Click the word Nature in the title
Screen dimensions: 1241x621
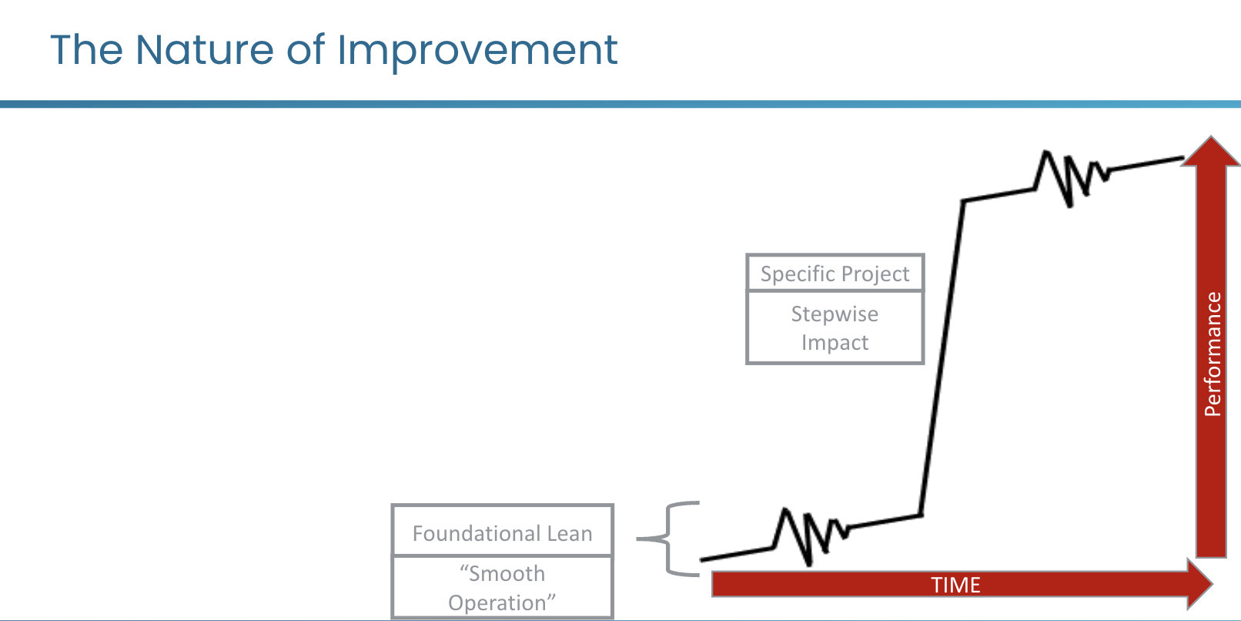pos(205,50)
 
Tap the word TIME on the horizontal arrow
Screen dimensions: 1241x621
pos(955,585)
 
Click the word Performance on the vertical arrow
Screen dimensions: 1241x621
pos(1213,354)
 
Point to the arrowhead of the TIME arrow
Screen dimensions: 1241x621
pos(1200,584)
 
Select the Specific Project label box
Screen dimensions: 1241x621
pos(835,273)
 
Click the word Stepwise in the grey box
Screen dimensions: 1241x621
pos(835,314)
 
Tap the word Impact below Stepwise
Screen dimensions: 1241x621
pos(835,343)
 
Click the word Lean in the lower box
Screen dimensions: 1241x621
pos(570,533)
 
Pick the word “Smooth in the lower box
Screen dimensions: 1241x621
pos(502,573)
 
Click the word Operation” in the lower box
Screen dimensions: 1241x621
pos(501,603)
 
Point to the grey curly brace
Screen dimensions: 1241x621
pos(668,539)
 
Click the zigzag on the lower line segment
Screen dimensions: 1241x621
pos(810,536)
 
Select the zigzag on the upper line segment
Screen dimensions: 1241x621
pos(1071,178)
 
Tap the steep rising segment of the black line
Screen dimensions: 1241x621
pos(942,358)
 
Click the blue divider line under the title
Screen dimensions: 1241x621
pos(620,104)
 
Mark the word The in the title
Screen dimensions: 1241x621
pos(86,50)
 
